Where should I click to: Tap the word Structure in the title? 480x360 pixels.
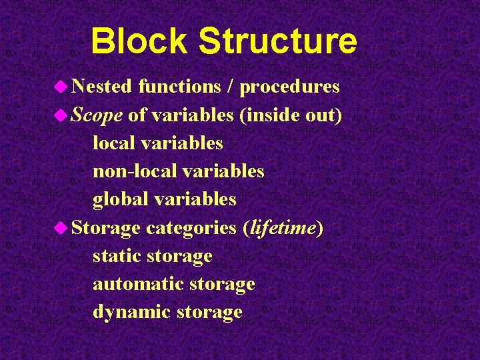coord(277,41)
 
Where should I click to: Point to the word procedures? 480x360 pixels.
coord(290,87)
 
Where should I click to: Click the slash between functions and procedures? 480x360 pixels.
coord(230,87)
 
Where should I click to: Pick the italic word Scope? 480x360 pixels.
coord(97,115)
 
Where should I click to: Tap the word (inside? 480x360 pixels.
coord(267,115)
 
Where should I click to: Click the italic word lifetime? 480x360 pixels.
coord(282,228)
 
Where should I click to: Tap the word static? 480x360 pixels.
coord(117,256)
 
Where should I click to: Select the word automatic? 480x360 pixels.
coord(138,284)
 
